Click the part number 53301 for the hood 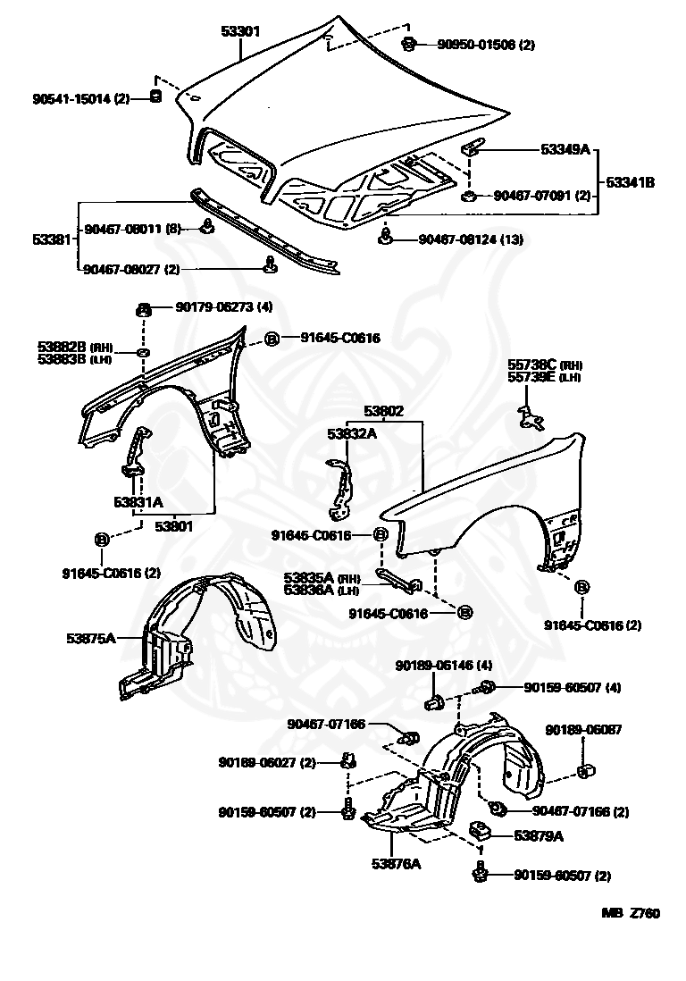[240, 30]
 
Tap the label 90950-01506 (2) [485, 45]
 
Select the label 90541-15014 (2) [81, 98]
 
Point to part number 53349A [565, 149]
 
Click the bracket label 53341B [631, 182]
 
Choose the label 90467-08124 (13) [471, 239]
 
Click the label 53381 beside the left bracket [54, 239]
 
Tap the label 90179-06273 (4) [224, 306]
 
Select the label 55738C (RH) [544, 365]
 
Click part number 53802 [384, 411]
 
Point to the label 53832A [352, 433]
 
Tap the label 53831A [138, 502]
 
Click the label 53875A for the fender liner [91, 638]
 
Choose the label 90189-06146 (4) [444, 666]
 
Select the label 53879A [539, 836]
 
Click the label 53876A [396, 863]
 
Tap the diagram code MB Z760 [631, 913]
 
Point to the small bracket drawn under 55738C [531, 417]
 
